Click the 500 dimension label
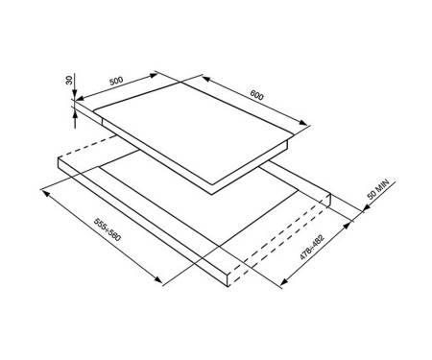coord(116,81)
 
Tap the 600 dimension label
coord(257,95)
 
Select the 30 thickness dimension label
coord(69,81)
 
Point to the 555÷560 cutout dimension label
coord(108,229)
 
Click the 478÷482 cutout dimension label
coord(312,247)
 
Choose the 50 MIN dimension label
coord(377,189)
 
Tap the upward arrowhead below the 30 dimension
coord(75,114)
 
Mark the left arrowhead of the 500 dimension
coord(80,98)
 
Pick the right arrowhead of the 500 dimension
coord(154,75)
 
